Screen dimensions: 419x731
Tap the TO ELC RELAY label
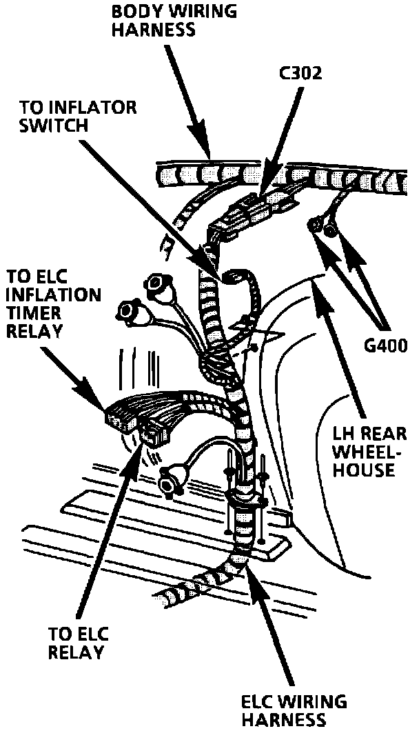pyautogui.click(x=79, y=643)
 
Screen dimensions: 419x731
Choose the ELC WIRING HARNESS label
pyautogui.click(x=294, y=710)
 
